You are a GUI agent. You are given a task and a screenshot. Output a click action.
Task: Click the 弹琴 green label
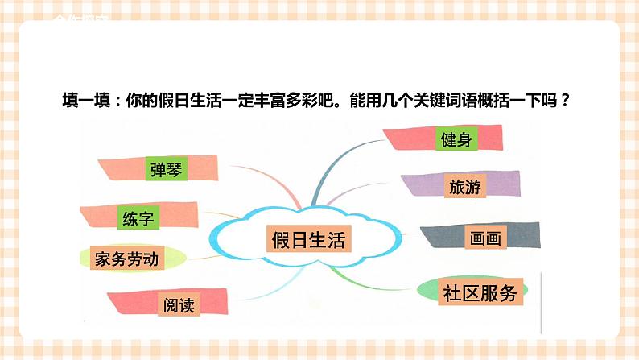[x=167, y=169]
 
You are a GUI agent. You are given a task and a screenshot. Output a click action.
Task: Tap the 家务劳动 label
[x=126, y=259]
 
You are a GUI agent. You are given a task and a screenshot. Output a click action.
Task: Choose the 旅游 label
[x=464, y=187]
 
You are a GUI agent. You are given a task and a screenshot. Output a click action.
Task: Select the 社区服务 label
[x=480, y=293]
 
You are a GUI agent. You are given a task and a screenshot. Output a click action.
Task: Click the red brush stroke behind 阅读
[x=121, y=302]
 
